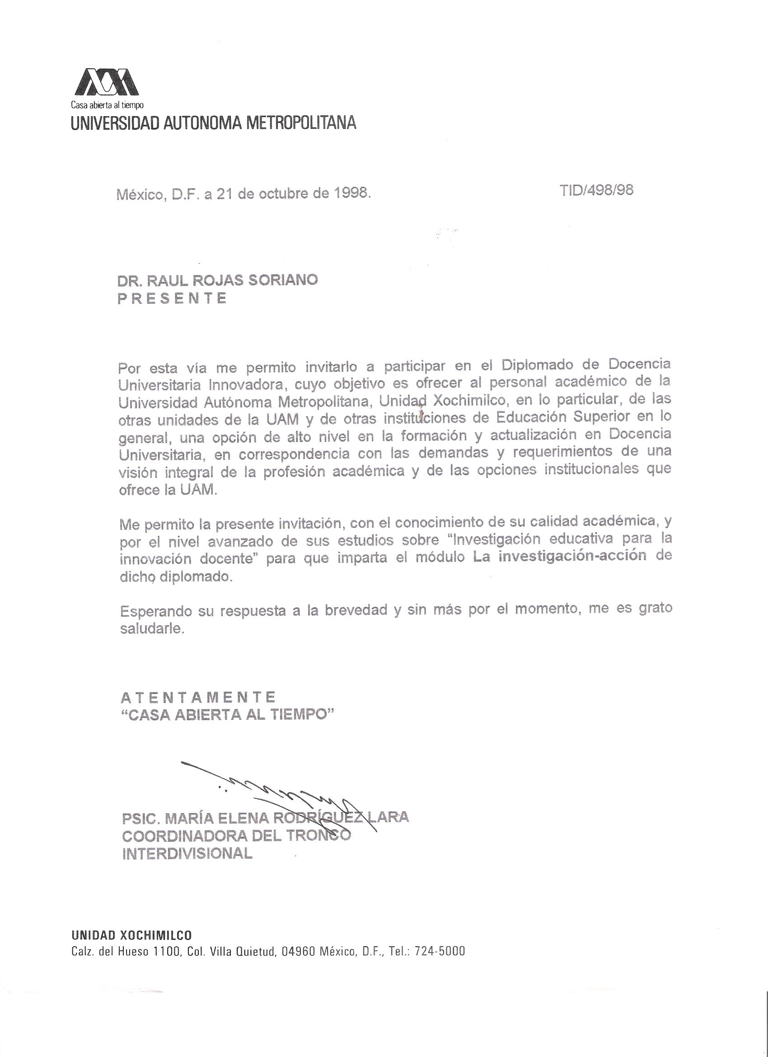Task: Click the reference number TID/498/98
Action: tap(598, 190)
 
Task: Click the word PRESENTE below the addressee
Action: tap(172, 298)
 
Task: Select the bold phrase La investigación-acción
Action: tap(559, 557)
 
